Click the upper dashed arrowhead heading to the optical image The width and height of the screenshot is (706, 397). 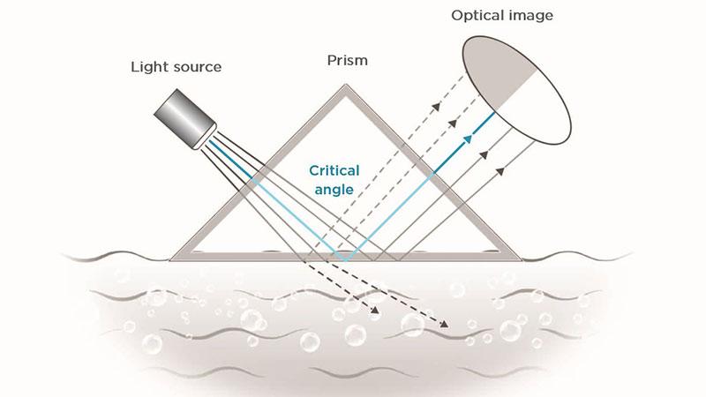[x=436, y=105]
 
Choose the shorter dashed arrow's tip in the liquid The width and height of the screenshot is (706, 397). [x=380, y=312]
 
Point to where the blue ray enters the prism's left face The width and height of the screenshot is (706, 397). [x=250, y=176]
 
